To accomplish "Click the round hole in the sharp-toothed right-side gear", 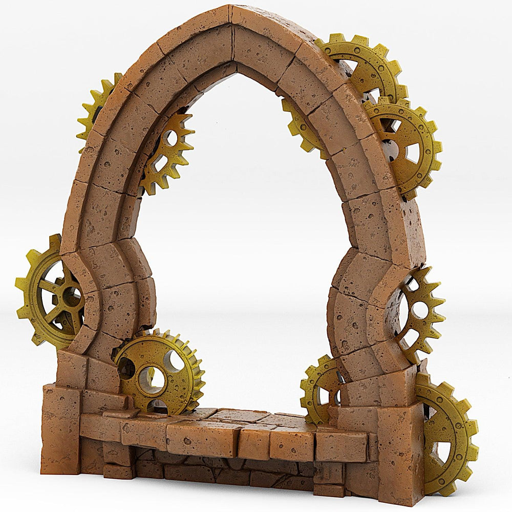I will coord(420,309).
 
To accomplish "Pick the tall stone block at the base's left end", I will coord(60,430).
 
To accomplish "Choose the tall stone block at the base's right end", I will coord(400,451).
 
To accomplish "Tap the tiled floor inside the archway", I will coord(246,417).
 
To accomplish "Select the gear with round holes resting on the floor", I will coord(159,371).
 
